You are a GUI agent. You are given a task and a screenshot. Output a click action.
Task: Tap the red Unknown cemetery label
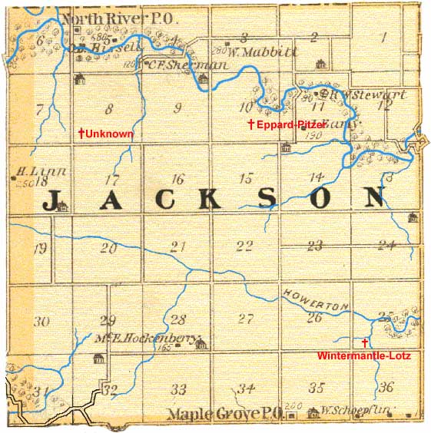tap(110, 134)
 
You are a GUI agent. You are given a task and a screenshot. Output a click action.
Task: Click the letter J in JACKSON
tap(55, 201)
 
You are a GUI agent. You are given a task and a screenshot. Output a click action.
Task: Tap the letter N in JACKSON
tap(373, 198)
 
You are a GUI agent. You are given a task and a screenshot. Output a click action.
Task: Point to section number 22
tap(244, 246)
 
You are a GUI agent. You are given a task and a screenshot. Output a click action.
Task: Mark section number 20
tap(108, 248)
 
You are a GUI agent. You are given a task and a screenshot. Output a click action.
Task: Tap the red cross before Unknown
tap(81, 134)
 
